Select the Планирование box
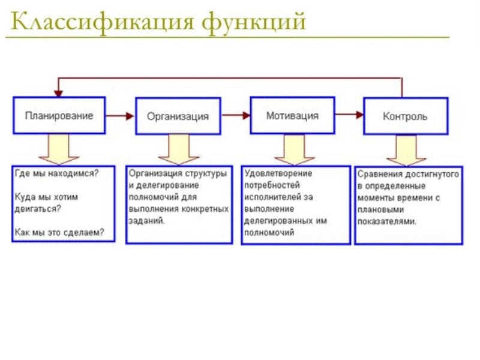(x=59, y=115)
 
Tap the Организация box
(x=178, y=116)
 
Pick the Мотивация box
(x=292, y=115)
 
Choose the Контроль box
(x=406, y=116)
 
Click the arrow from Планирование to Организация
(x=120, y=115)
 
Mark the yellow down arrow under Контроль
(x=406, y=150)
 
